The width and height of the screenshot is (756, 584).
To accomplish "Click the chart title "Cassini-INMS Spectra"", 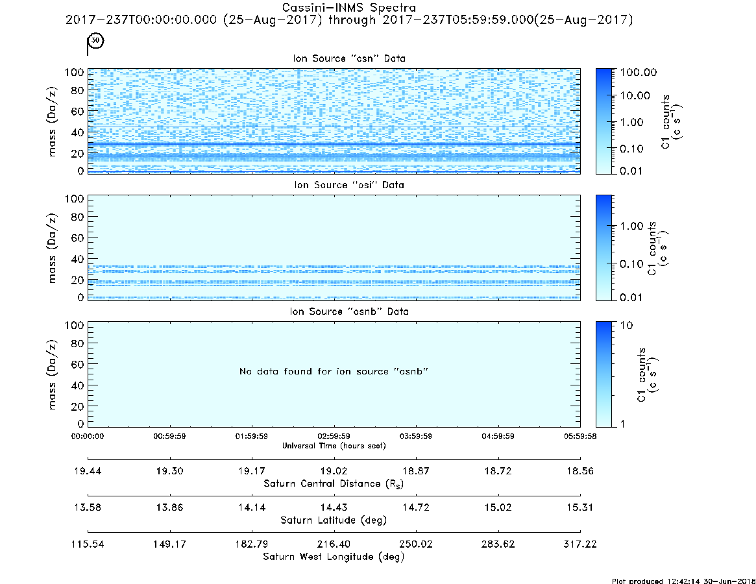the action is pyautogui.click(x=348, y=8).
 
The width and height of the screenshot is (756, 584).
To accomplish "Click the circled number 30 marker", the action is pyautogui.click(x=95, y=40).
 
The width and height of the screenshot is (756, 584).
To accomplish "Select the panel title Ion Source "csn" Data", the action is pyautogui.click(x=349, y=58).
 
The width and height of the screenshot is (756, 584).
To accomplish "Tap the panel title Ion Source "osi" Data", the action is pyautogui.click(x=349, y=185).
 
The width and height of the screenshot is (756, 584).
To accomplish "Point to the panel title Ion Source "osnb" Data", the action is pyautogui.click(x=349, y=311).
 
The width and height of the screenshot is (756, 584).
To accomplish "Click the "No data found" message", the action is pyautogui.click(x=334, y=371).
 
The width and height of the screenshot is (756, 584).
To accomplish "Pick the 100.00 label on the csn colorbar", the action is pyautogui.click(x=639, y=72).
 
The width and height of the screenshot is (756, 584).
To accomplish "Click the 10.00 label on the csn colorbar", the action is pyautogui.click(x=635, y=95).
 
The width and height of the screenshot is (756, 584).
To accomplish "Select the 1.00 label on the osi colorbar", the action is pyautogui.click(x=631, y=226).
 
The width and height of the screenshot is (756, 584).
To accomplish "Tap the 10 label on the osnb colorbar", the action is pyautogui.click(x=626, y=325).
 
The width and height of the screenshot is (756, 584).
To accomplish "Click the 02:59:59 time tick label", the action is pyautogui.click(x=334, y=436).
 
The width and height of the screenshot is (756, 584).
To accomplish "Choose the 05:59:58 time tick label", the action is pyautogui.click(x=580, y=436).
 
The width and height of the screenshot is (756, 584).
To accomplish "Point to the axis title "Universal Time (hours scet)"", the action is pyautogui.click(x=334, y=446).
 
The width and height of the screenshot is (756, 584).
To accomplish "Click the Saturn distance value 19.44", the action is pyautogui.click(x=88, y=471).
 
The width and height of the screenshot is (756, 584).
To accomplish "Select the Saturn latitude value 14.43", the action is pyautogui.click(x=334, y=507).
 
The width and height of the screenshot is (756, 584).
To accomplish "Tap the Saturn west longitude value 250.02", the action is pyautogui.click(x=415, y=544).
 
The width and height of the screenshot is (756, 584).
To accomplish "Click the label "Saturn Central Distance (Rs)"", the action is pyautogui.click(x=334, y=483).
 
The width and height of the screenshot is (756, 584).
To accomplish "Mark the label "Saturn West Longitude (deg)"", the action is pyautogui.click(x=334, y=557).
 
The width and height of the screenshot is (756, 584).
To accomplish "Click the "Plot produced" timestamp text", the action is pyautogui.click(x=684, y=581).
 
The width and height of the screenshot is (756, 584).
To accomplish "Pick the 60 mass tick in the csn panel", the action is pyautogui.click(x=78, y=112).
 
